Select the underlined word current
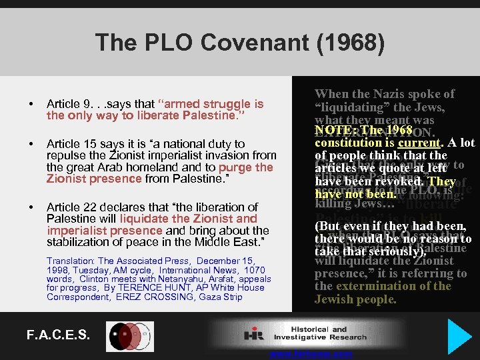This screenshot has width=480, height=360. pos(415,143)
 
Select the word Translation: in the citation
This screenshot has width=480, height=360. pos(69,261)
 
